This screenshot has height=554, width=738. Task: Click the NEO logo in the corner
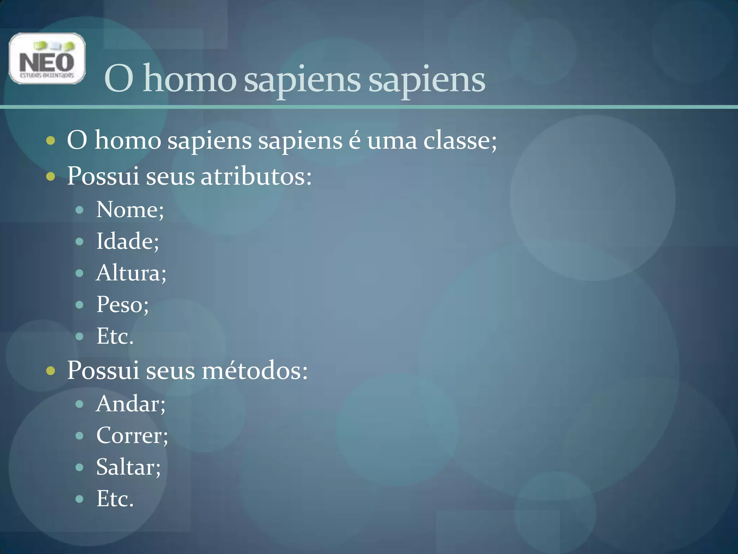click(47, 58)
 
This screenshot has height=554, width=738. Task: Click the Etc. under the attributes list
click(115, 336)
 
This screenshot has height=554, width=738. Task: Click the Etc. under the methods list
click(115, 499)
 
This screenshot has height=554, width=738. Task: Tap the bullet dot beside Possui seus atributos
click(51, 177)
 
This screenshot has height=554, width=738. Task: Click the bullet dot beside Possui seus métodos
click(51, 371)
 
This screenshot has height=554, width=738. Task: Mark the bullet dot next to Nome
click(80, 210)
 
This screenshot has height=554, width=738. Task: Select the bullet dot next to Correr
click(80, 436)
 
